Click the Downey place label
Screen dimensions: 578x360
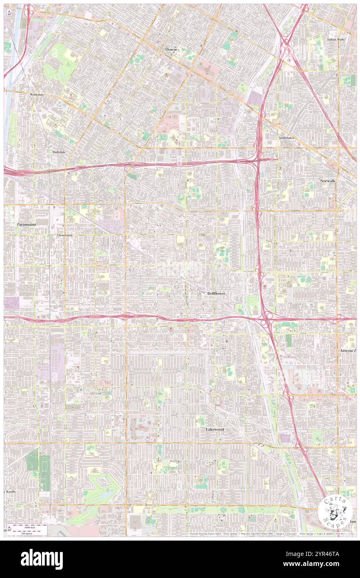tap(172, 49)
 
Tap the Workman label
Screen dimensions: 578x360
tap(37, 95)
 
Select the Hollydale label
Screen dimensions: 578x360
tap(59, 152)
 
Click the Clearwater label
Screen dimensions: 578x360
tap(65, 235)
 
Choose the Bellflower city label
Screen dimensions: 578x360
tap(216, 294)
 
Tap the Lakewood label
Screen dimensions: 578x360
tap(215, 429)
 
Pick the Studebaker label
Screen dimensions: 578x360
tap(289, 137)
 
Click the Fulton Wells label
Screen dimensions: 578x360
tap(336, 40)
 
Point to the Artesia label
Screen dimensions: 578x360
tap(346, 351)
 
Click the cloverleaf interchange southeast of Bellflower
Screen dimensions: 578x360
tap(264, 319)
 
